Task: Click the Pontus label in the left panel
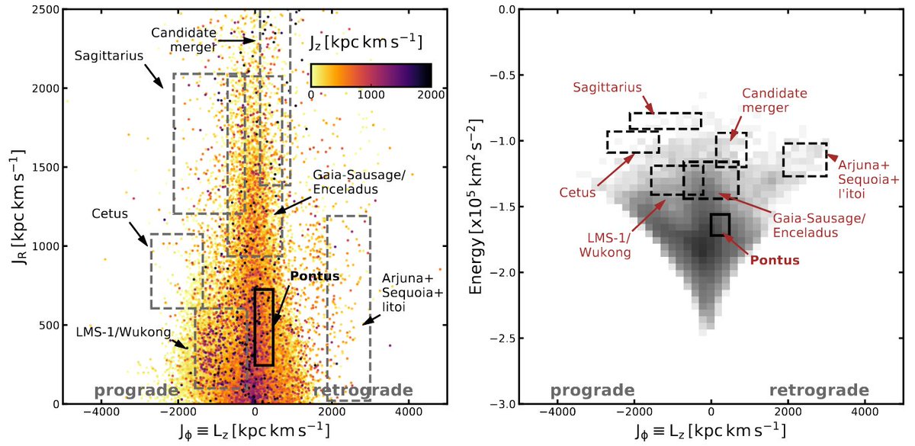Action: pyautogui.click(x=314, y=276)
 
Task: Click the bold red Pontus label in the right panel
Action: pyautogui.click(x=774, y=259)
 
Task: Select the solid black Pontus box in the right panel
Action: pyautogui.click(x=720, y=224)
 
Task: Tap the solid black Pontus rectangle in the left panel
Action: pyautogui.click(x=264, y=327)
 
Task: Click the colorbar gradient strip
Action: pyautogui.click(x=371, y=75)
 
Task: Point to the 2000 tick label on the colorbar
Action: pyautogui.click(x=431, y=95)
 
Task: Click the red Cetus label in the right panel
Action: pyautogui.click(x=583, y=193)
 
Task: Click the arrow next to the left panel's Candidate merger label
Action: pyautogui.click(x=242, y=40)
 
